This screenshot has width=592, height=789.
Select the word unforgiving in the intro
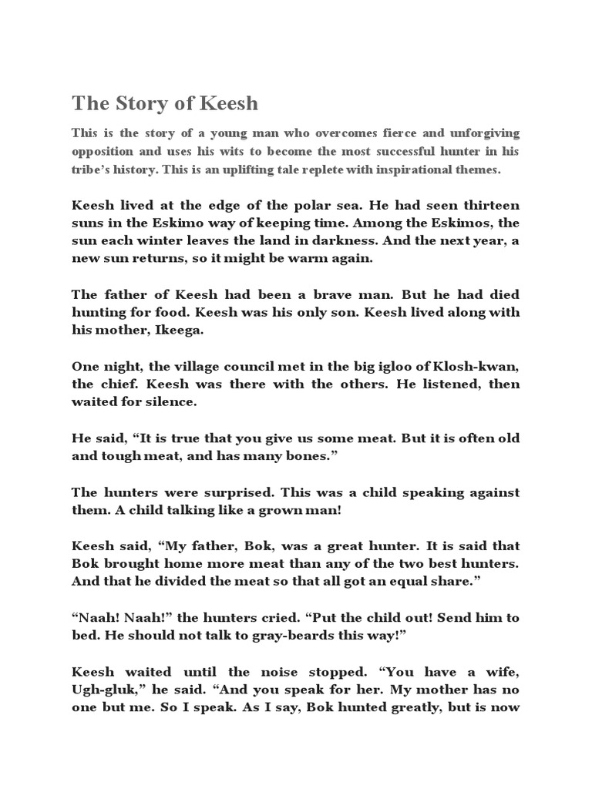(x=478, y=133)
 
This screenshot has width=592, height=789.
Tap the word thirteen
(x=486, y=206)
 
